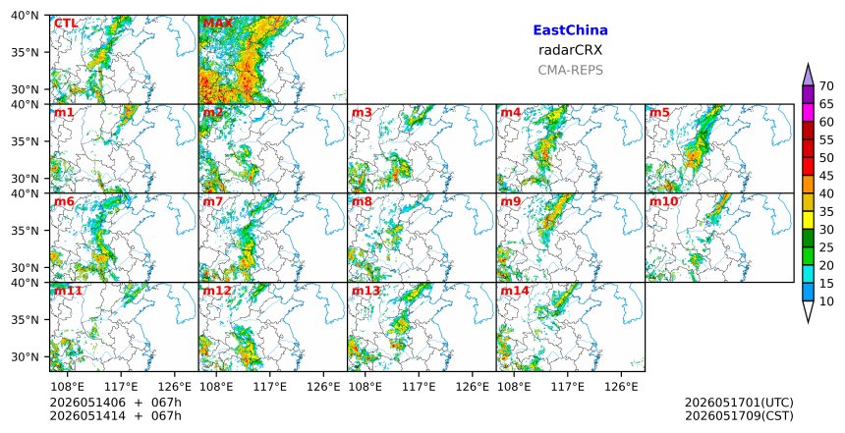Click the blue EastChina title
coord(570,30)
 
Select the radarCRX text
coord(570,50)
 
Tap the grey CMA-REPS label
coord(570,70)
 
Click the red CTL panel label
coord(66,24)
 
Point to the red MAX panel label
coord(218,24)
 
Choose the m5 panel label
coord(659,113)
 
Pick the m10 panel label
coord(664,201)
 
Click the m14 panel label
coord(515,291)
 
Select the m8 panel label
coord(362,201)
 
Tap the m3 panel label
coord(362,113)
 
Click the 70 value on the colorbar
coord(826,86)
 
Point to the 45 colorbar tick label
coord(826,176)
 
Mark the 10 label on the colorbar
coord(826,301)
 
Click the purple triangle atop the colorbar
coord(808,76)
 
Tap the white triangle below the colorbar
coord(808,310)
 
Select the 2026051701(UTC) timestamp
coord(739,403)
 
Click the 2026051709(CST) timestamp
coord(739,416)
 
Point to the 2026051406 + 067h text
coord(115,403)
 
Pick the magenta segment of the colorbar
coord(808,113)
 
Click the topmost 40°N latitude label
coord(25,16)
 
